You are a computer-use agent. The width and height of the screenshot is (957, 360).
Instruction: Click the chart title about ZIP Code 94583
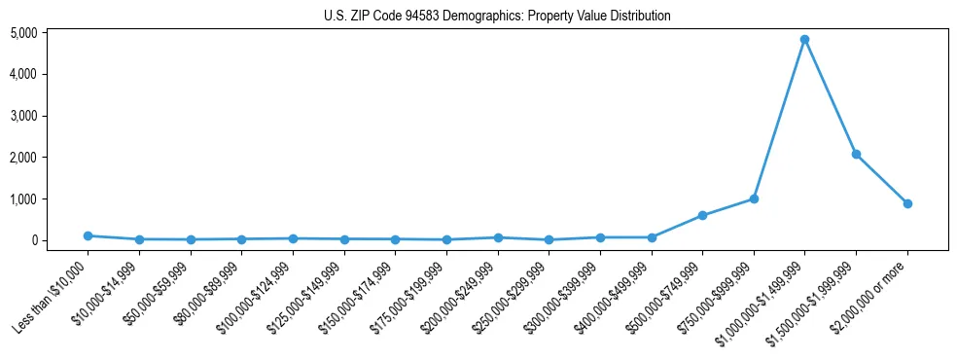[497, 16]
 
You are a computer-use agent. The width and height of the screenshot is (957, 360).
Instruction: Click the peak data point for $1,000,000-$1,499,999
[804, 40]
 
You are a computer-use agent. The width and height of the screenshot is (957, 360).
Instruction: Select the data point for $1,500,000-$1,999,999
[856, 154]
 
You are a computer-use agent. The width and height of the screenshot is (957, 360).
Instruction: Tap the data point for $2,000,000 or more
[907, 203]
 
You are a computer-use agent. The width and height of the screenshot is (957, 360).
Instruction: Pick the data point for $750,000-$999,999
[754, 198]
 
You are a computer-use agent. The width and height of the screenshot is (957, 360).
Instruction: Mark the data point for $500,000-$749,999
[702, 215]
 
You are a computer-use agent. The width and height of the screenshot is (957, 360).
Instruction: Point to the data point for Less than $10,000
[88, 235]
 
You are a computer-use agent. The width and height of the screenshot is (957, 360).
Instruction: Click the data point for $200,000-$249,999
[498, 237]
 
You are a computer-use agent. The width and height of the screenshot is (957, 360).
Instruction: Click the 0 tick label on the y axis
[60, 240]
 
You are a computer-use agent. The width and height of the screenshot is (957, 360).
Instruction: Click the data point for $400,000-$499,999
[652, 237]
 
